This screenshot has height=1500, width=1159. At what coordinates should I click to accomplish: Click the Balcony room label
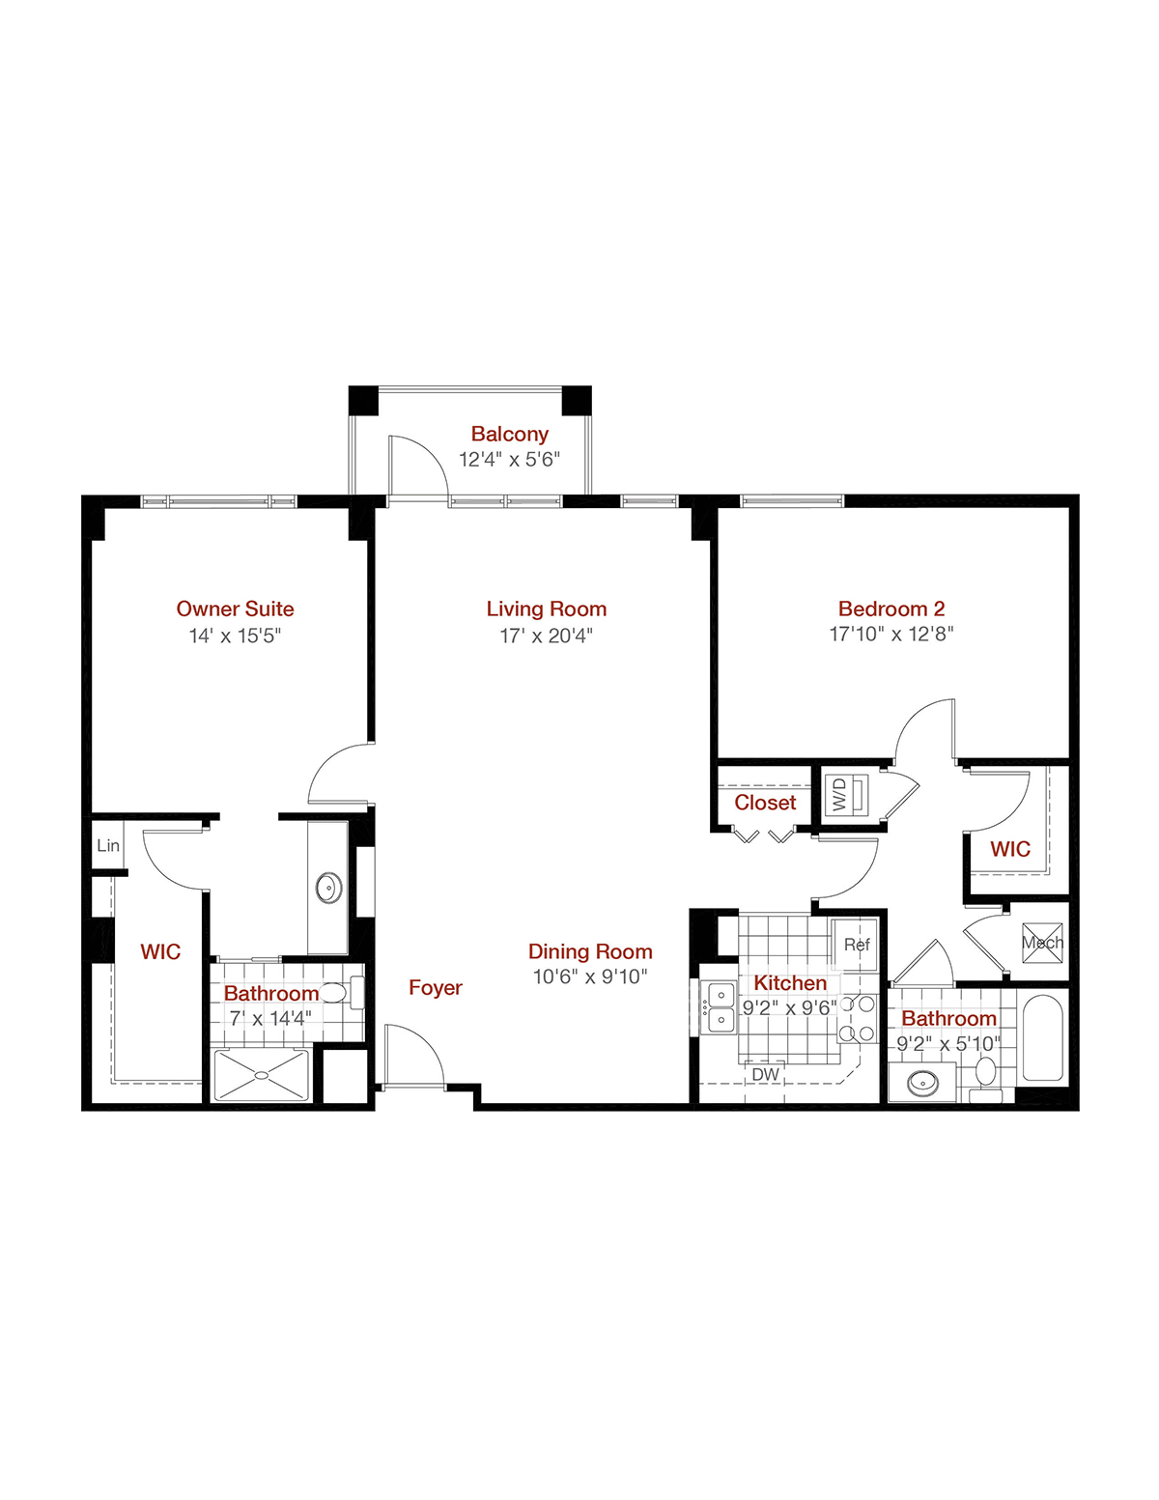pyautogui.click(x=509, y=434)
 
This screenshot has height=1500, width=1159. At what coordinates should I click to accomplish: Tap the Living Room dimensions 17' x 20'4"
pyautogui.click(x=546, y=636)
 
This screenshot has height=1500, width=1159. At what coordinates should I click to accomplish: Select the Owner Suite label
pyautogui.click(x=235, y=608)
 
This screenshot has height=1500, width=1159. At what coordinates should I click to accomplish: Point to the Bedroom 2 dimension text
pyautogui.click(x=891, y=634)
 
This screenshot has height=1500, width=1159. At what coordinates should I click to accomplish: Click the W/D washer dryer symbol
pyautogui.click(x=848, y=795)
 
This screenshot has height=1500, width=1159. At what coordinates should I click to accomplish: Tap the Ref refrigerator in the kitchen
pyautogui.click(x=856, y=944)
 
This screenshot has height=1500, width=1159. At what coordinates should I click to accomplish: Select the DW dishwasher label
pyautogui.click(x=766, y=1074)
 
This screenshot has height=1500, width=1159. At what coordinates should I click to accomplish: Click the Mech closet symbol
pyautogui.click(x=1042, y=943)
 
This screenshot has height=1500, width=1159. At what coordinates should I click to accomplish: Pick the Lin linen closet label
pyautogui.click(x=107, y=845)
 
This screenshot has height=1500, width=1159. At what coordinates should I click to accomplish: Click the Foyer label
pyautogui.click(x=435, y=987)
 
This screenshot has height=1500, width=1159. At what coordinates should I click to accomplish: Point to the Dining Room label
pyautogui.click(x=590, y=951)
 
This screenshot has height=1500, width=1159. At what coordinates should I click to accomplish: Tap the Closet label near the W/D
pyautogui.click(x=765, y=802)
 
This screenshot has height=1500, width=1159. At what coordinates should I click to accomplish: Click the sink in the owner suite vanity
pyautogui.click(x=328, y=888)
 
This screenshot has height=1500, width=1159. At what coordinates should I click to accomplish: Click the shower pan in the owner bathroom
pyautogui.click(x=262, y=1075)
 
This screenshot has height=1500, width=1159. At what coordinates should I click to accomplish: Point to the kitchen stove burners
pyautogui.click(x=857, y=1018)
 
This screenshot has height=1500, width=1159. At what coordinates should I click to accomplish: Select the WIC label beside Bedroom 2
pyautogui.click(x=1010, y=849)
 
